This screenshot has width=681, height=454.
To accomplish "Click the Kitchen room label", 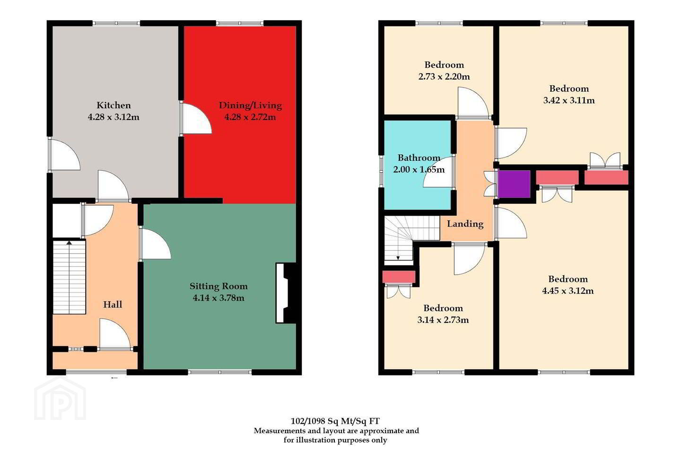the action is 113,105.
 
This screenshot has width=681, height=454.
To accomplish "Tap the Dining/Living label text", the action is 250,105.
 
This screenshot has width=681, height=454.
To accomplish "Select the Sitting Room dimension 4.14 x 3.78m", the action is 218,297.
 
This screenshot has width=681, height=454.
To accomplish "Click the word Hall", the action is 113,305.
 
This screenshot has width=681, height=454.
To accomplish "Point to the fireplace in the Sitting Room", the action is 286,293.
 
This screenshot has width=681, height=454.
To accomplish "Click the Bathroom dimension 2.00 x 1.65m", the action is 419,169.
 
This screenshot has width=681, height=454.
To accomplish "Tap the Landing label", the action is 465,224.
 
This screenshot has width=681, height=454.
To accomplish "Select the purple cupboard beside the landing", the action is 514,184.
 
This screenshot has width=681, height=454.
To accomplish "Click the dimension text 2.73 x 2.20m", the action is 444,76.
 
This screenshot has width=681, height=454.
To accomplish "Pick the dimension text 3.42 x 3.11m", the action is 569,100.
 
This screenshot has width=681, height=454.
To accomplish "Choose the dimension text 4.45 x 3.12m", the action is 568,291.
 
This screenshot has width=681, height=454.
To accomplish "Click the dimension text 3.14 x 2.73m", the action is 443,320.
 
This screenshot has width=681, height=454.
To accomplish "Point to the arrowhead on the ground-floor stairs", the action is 70,243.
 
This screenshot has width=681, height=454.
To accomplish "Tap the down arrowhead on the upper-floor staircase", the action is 398,258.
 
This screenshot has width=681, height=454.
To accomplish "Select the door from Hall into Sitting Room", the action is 155,244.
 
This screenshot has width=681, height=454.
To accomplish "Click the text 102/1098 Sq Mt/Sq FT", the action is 335,421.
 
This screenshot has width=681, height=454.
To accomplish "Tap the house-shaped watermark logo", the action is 60,399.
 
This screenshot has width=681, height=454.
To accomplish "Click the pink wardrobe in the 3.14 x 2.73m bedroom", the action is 399,277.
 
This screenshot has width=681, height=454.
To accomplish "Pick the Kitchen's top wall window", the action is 116,23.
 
